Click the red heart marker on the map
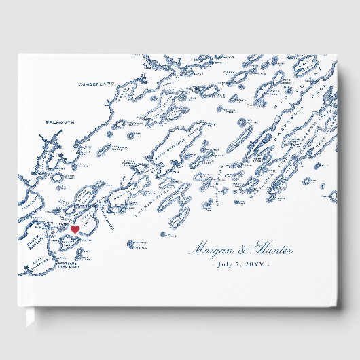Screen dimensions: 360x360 pos(75,230)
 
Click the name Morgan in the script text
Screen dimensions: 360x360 pos(211,251)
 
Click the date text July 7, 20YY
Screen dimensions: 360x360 pos(240,264)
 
